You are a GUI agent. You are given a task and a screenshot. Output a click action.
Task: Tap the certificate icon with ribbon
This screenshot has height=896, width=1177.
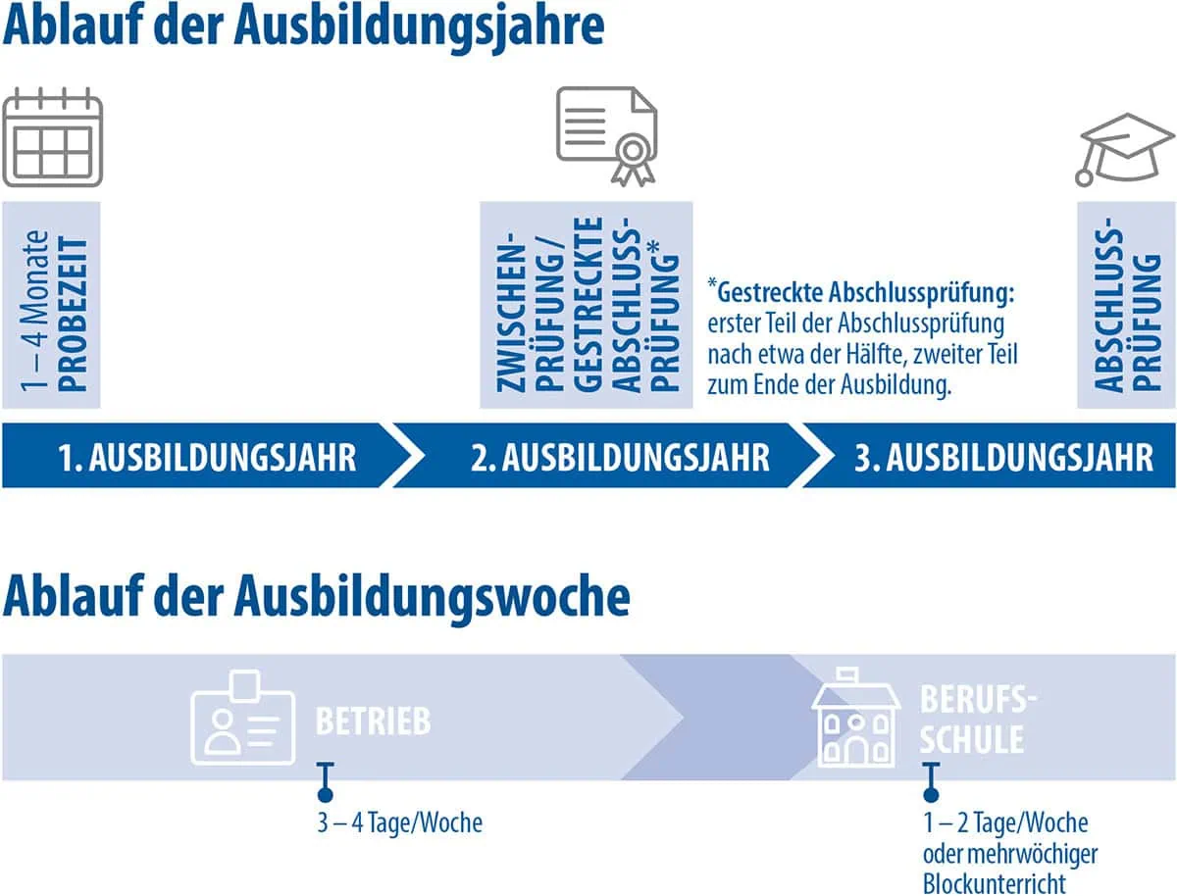607,134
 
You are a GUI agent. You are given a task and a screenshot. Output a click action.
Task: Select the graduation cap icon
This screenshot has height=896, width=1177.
1125,148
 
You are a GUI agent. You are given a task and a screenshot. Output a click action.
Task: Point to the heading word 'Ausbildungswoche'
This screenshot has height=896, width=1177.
432,597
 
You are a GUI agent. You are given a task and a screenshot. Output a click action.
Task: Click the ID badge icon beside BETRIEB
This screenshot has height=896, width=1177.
242,718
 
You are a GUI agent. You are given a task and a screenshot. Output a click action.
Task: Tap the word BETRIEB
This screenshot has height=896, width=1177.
373,722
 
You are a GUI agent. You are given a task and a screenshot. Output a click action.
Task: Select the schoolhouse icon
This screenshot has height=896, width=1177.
855,719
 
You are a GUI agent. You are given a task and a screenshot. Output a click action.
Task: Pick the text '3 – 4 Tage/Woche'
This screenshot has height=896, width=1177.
399,822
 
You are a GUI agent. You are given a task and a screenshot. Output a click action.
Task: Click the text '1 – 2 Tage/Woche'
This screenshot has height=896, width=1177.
1005,822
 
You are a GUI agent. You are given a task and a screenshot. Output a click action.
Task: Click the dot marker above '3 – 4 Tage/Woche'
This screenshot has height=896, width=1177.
326,794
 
